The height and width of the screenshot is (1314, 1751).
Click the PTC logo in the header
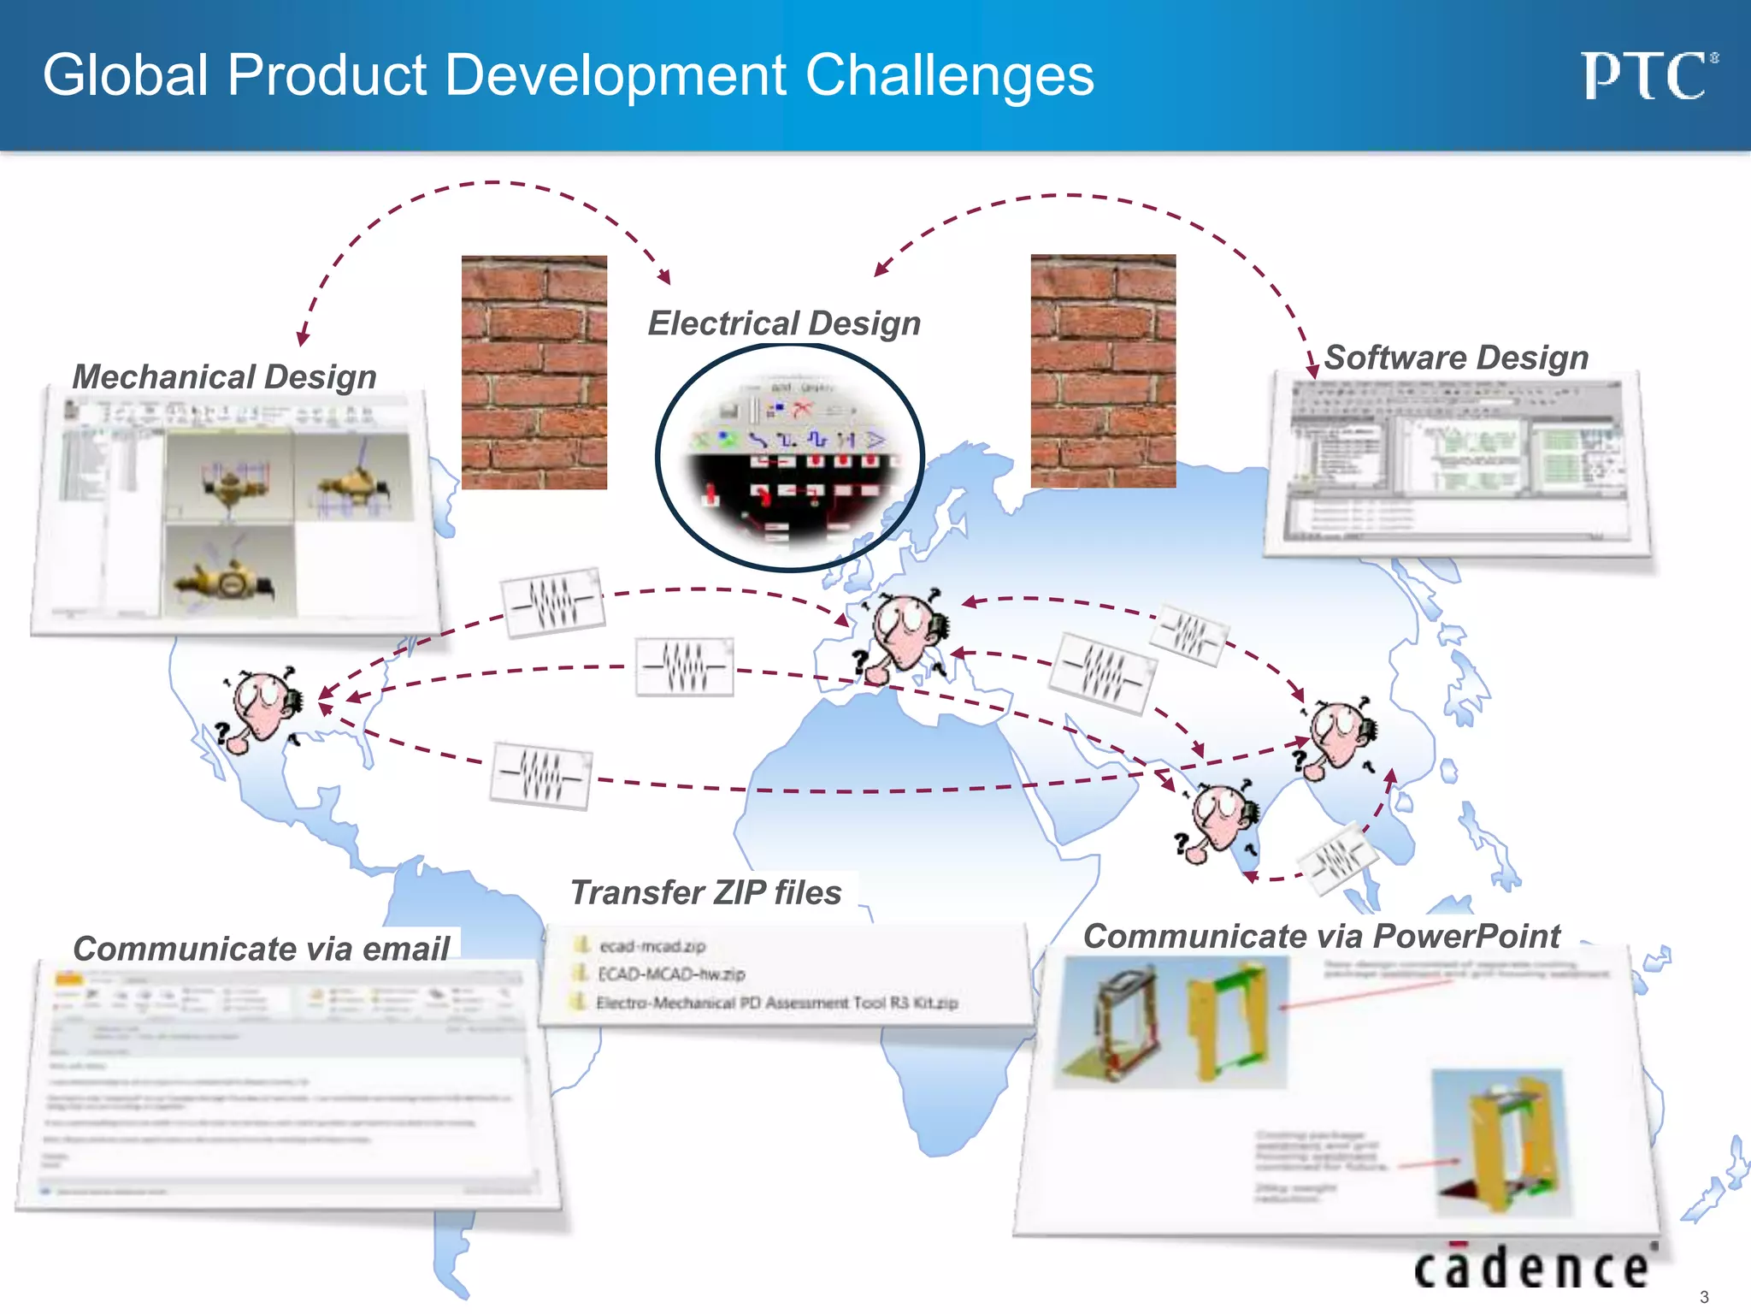(1648, 76)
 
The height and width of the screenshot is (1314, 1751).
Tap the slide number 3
(1703, 1297)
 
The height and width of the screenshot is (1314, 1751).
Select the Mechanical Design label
(224, 376)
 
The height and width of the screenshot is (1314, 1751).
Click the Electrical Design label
(784, 323)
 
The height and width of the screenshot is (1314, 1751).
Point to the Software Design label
(1456, 358)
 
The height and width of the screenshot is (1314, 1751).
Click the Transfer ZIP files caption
(705, 892)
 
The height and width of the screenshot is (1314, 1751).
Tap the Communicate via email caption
(261, 949)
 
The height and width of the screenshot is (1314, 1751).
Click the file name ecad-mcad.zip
(652, 946)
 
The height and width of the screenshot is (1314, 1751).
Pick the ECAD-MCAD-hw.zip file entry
(671, 974)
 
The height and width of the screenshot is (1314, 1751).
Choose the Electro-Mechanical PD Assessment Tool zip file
(776, 1003)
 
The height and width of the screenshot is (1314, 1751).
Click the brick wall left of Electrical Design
(534, 372)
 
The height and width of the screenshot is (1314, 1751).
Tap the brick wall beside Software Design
(1103, 370)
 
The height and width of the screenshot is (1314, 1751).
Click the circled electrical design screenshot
(790, 458)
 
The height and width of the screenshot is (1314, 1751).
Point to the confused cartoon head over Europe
(905, 633)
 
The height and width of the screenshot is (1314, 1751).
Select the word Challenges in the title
(949, 75)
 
